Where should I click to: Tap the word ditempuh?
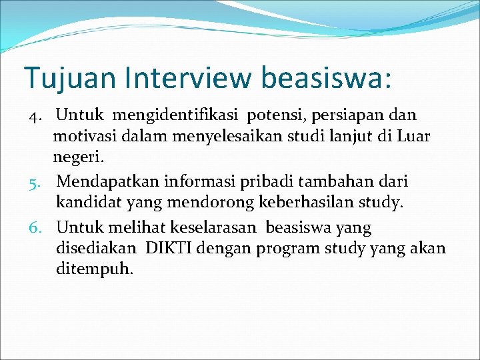tap(95, 271)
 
